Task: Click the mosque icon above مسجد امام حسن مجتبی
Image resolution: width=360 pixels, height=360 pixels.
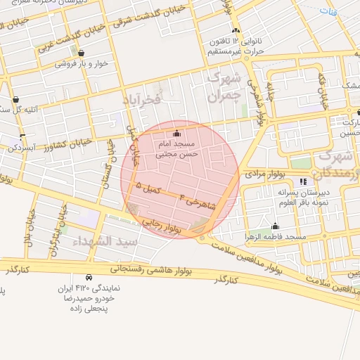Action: pos(176,134)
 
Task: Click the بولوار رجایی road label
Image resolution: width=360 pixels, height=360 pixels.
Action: pos(166,224)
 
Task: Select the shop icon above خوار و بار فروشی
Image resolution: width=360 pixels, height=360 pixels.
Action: pos(82,53)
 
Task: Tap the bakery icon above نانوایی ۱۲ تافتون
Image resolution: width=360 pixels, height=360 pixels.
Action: pos(236,31)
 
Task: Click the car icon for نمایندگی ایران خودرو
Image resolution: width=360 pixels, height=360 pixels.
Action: pos(88,278)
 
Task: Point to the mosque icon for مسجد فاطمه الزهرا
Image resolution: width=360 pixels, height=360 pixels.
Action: pos(275,226)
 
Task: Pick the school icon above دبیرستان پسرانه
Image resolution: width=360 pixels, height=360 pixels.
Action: pos(303,182)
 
